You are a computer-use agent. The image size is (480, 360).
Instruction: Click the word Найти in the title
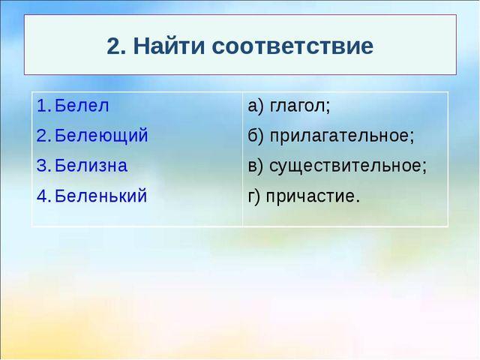pyautogui.click(x=169, y=46)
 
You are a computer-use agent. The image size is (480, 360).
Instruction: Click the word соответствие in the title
pyautogui.click(x=292, y=46)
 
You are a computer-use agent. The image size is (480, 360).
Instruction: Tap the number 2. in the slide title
pyautogui.click(x=116, y=46)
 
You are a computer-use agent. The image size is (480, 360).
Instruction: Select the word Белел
pyautogui.click(x=82, y=105)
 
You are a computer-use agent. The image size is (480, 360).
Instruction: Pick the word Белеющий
pyautogui.click(x=101, y=136)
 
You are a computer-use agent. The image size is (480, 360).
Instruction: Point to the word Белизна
pyautogui.click(x=91, y=166)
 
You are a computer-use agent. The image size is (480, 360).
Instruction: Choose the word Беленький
pyautogui.click(x=101, y=195)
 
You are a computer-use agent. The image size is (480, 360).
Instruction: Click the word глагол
pyautogui.click(x=300, y=106)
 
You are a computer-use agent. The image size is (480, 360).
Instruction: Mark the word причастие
pyautogui.click(x=313, y=196)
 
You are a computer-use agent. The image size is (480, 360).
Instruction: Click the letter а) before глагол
pyautogui.click(x=256, y=106)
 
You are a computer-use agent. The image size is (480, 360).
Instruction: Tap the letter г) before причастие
pyautogui.click(x=253, y=196)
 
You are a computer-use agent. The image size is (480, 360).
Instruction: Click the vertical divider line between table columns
pyautogui.click(x=242, y=159)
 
